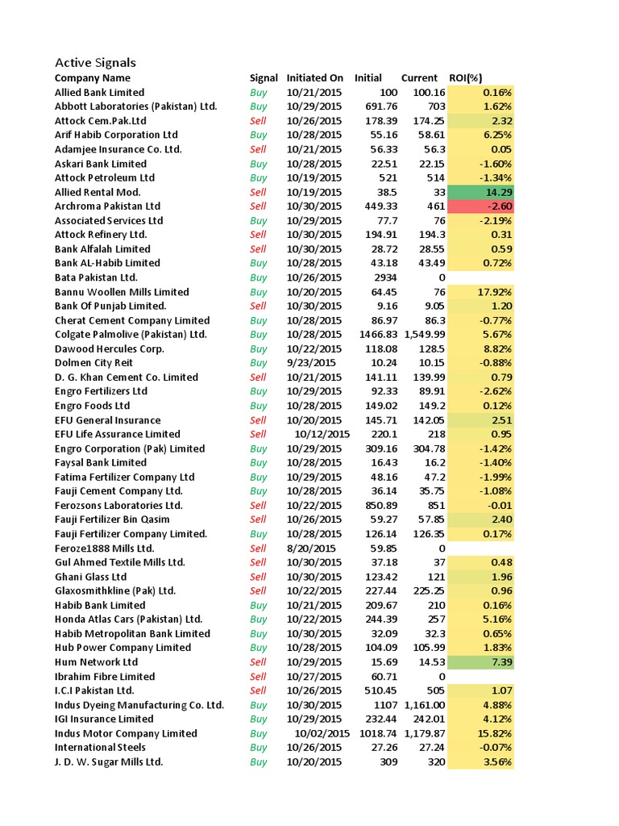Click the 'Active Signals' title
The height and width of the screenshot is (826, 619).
95,63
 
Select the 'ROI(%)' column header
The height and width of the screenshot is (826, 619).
465,78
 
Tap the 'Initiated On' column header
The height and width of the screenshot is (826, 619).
314,78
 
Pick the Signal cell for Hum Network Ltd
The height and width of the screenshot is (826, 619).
258,662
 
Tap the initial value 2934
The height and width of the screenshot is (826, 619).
384,277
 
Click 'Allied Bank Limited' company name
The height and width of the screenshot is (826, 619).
99,93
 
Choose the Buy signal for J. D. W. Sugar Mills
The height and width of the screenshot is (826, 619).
258,761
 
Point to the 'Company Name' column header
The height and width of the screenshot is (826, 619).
92,78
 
